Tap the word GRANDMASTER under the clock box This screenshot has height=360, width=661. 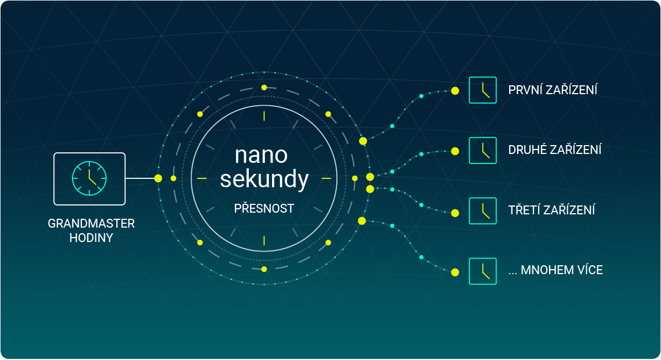tap(91, 223)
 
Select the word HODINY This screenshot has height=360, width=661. tap(91, 238)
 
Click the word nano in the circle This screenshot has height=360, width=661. tap(262, 155)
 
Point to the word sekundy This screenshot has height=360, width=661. tap(264, 179)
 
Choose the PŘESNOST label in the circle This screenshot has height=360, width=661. tap(264, 208)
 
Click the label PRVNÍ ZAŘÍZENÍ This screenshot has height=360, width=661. tap(552, 90)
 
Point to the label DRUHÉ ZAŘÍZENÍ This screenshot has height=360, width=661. tap(555, 150)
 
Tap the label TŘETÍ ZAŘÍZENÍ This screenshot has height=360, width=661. tap(551, 209)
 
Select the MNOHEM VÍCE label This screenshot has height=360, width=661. tap(556, 270)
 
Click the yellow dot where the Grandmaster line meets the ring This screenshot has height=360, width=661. tap(158, 178)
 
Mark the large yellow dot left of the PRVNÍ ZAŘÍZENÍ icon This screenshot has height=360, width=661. tap(455, 91)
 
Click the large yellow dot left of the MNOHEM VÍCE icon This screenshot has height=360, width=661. tap(455, 272)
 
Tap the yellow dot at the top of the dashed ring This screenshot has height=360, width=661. tap(264, 88)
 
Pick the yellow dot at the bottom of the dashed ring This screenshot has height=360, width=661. tap(264, 269)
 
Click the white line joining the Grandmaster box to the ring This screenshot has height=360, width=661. tap(141, 178)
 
